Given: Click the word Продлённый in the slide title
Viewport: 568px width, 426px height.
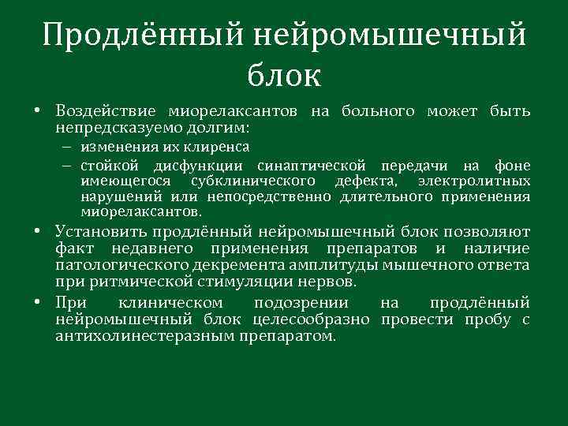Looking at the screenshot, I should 144,35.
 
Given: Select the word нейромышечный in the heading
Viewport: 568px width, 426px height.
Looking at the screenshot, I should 390,35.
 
